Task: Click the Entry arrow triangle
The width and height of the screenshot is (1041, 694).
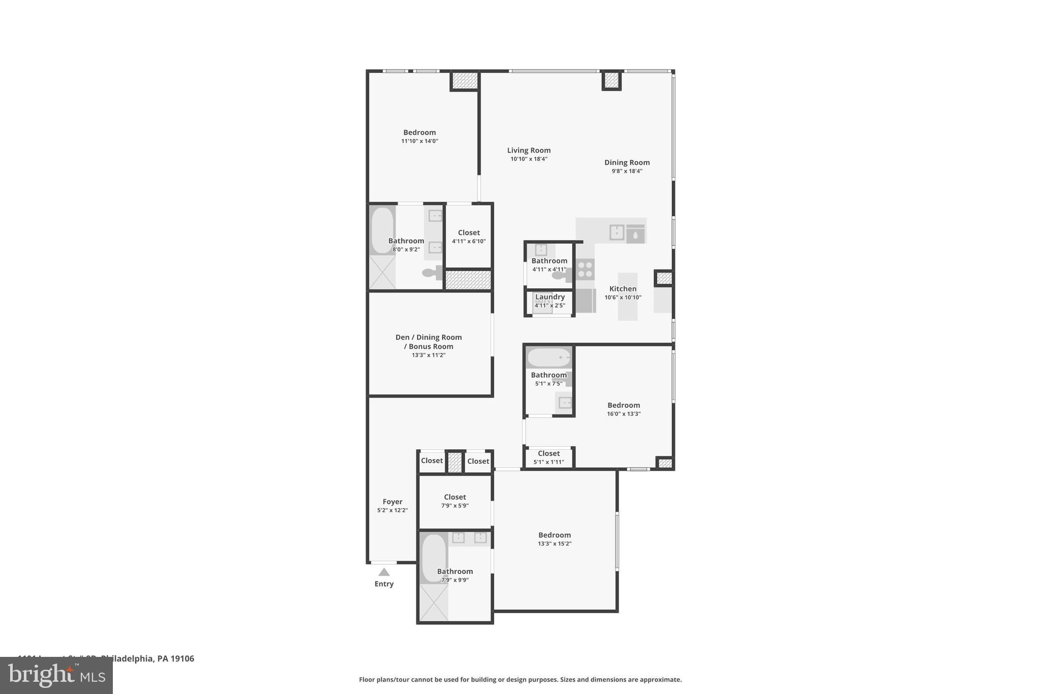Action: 384,572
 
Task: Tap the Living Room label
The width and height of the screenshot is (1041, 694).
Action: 529,150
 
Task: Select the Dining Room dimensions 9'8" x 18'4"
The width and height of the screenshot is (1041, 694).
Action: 627,171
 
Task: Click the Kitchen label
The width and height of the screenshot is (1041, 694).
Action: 623,289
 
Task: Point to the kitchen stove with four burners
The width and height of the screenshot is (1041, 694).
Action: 585,269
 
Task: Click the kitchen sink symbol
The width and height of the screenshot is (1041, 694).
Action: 617,232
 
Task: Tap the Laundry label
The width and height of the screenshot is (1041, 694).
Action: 549,297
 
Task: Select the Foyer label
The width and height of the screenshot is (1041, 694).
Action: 392,502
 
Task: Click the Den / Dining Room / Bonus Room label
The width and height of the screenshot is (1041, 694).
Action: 428,342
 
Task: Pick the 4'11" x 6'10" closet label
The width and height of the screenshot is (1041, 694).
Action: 469,233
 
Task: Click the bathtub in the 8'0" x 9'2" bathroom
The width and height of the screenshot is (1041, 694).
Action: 382,230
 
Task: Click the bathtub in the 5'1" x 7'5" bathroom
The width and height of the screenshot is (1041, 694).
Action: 548,357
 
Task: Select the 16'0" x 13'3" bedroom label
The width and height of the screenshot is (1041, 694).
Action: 624,405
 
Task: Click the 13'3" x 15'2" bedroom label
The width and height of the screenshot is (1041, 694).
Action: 555,535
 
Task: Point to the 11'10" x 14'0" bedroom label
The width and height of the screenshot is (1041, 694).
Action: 419,133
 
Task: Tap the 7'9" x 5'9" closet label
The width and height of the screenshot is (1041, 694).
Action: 454,497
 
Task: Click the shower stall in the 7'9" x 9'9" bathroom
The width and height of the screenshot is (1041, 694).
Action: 433,602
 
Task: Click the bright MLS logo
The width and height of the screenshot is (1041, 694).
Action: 56,675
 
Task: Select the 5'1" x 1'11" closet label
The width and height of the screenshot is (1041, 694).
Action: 548,454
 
